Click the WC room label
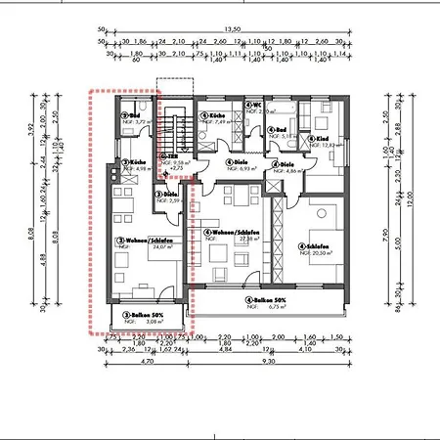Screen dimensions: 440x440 point(252,104)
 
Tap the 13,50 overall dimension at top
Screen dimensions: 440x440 point(232,28)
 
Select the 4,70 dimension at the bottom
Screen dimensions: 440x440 point(149,362)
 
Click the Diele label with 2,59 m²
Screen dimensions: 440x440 point(165,193)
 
